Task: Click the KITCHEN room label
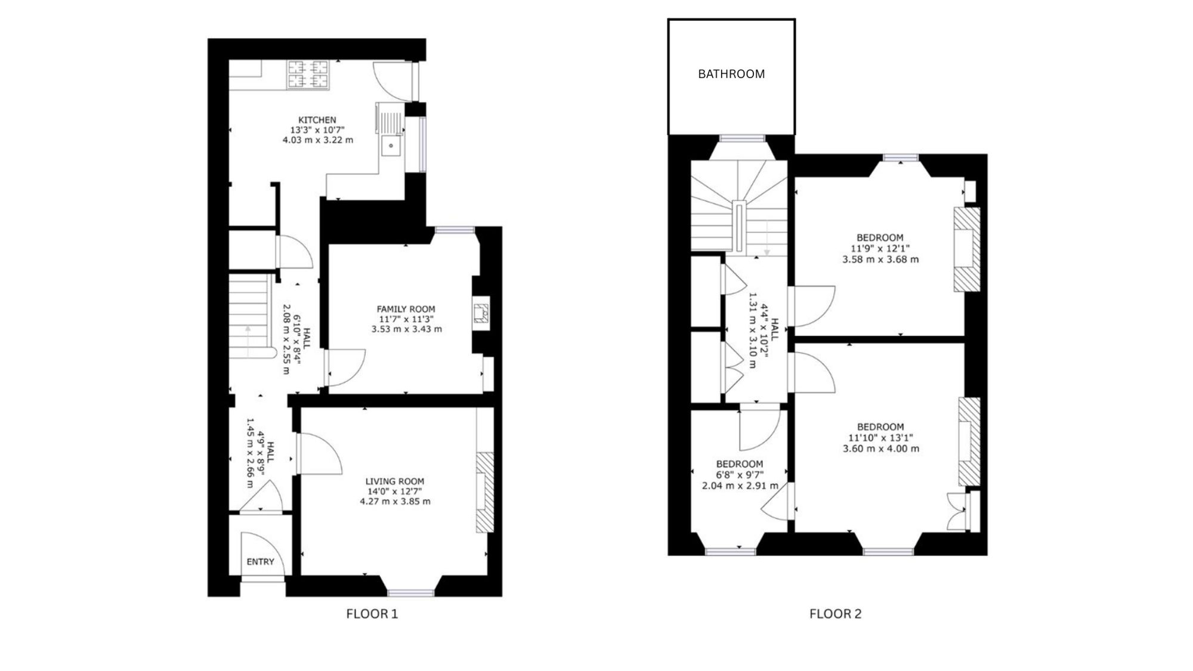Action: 317,120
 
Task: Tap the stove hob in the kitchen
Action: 308,75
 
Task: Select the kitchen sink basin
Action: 391,145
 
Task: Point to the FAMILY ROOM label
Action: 406,309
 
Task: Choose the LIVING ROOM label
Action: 395,481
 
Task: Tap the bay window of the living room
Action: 411,592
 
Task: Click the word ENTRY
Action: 261,562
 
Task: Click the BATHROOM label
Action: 731,74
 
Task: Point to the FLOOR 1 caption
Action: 372,614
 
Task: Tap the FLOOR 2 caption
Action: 835,614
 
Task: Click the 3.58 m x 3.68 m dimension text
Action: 880,259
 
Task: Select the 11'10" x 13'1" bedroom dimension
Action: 880,438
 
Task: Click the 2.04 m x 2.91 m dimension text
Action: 740,486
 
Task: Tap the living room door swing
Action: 320,453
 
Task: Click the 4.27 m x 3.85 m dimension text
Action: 395,502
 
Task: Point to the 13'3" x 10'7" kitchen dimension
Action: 317,130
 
